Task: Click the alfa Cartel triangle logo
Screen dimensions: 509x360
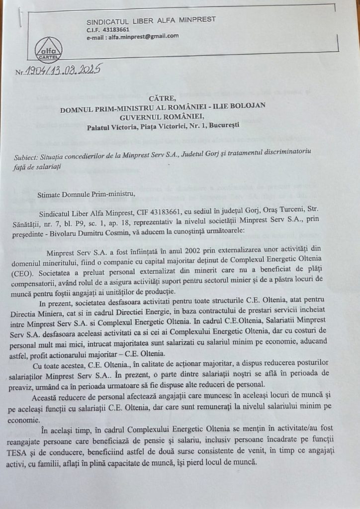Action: pyautogui.click(x=48, y=48)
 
